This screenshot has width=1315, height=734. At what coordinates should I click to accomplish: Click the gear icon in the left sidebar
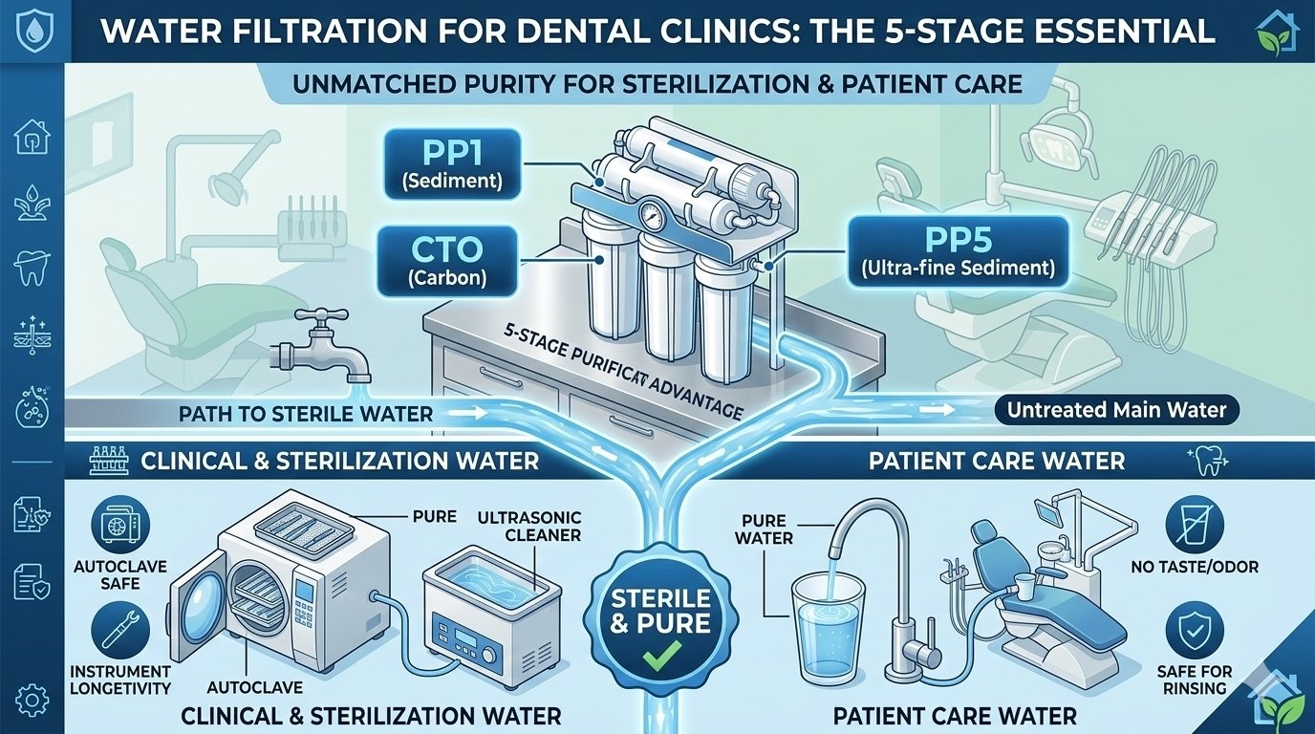pyautogui.click(x=31, y=702)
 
